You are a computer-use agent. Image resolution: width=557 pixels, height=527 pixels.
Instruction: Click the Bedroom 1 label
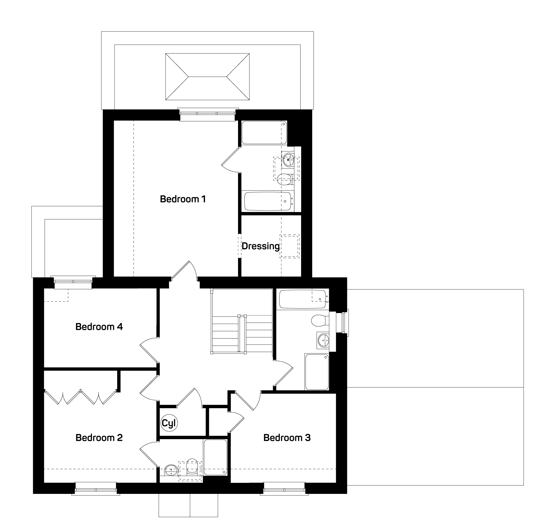click(183, 199)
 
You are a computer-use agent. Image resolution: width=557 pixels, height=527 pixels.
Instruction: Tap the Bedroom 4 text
click(99, 327)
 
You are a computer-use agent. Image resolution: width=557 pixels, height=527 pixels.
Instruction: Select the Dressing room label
click(261, 246)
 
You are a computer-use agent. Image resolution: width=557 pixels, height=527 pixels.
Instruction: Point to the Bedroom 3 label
click(287, 438)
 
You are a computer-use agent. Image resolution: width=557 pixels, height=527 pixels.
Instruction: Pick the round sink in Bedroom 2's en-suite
click(171, 470)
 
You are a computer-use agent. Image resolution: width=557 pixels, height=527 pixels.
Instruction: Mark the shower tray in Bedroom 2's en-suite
click(215, 457)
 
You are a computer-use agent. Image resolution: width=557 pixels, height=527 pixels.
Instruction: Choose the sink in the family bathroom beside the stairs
click(323, 340)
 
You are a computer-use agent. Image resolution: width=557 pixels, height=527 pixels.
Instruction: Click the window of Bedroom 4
click(73, 282)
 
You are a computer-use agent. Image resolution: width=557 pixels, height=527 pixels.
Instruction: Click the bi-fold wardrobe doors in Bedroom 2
click(81, 397)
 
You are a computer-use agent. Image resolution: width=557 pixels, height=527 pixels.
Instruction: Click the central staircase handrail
click(242, 334)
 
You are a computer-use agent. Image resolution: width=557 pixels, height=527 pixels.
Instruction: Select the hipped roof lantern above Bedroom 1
click(208, 77)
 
